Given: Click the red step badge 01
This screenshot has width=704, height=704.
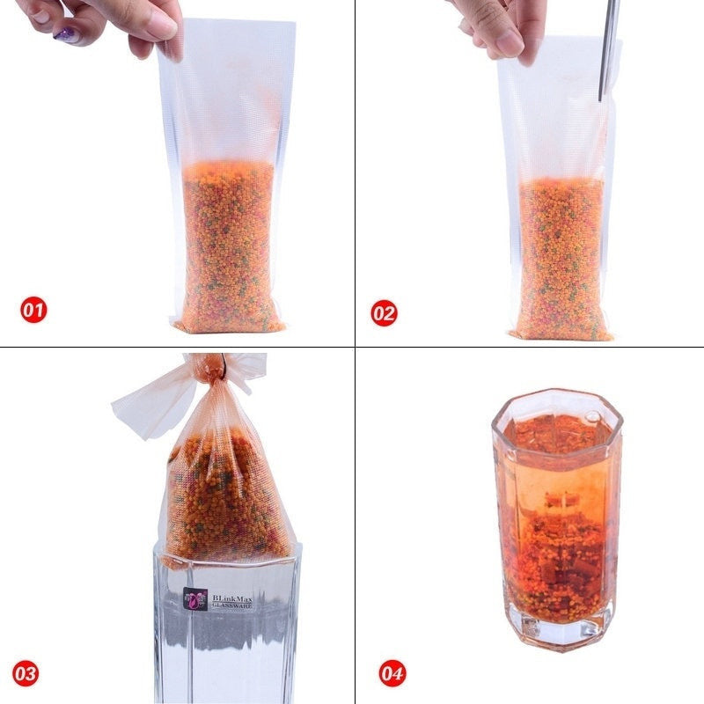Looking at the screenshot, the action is click(33, 310).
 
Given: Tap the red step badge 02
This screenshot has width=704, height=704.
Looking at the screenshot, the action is click(384, 313).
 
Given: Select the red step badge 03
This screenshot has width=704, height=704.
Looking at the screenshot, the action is click(26, 673).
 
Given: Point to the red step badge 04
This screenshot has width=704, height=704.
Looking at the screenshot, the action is click(392, 673).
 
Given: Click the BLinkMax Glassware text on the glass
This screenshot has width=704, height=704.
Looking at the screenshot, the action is click(232, 602).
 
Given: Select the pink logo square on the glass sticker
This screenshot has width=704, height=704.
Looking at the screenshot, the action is click(195, 599).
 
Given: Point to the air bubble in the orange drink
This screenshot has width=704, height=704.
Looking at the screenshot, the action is click(592, 416).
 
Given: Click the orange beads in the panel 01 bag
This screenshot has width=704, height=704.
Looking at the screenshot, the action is click(229, 247).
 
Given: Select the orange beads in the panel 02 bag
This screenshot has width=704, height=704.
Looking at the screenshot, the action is click(561, 258).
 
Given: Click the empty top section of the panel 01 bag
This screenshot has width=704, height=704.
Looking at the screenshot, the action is click(227, 90).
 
